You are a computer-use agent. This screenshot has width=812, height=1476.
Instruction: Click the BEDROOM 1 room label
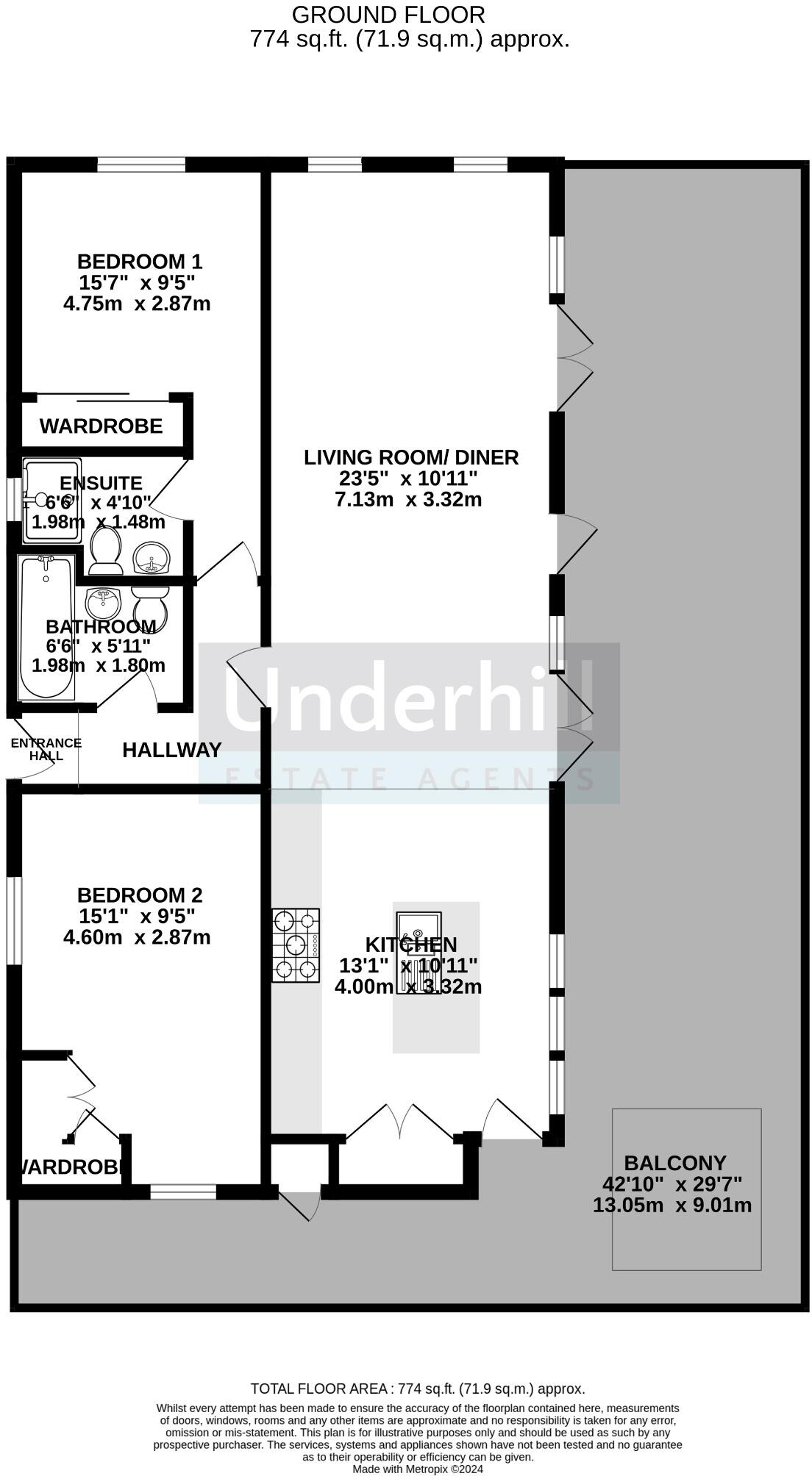click(140, 262)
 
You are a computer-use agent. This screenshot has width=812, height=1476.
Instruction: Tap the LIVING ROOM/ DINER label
click(411, 457)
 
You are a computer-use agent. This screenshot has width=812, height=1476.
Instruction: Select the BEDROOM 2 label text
click(140, 895)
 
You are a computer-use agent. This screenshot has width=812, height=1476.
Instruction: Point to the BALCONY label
click(675, 1163)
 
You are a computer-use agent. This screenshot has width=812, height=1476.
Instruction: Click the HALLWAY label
click(171, 750)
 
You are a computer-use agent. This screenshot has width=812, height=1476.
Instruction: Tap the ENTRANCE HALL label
click(46, 749)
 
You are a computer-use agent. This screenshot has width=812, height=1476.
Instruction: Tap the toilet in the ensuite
click(106, 551)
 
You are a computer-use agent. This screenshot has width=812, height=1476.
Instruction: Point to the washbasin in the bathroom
click(103, 603)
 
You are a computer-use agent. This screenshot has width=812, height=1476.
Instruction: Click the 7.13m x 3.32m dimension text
click(408, 500)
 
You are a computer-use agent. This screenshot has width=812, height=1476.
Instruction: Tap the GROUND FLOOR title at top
click(388, 15)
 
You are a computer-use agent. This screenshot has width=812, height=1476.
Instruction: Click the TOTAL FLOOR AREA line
click(418, 1389)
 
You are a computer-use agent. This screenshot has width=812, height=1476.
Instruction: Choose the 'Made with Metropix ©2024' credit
click(418, 1469)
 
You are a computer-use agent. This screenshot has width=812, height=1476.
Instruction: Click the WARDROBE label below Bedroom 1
click(101, 426)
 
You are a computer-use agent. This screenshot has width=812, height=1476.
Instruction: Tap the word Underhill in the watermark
click(408, 695)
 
